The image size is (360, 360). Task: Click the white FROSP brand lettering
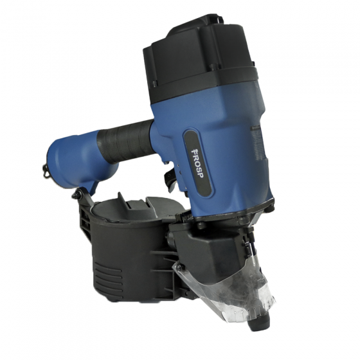click(x=197, y=163)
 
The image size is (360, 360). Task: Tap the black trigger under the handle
click(x=170, y=177)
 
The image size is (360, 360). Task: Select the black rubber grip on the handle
click(x=126, y=141)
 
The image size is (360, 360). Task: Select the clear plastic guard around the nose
click(x=224, y=289)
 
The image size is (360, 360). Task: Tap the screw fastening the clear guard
click(x=179, y=267)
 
